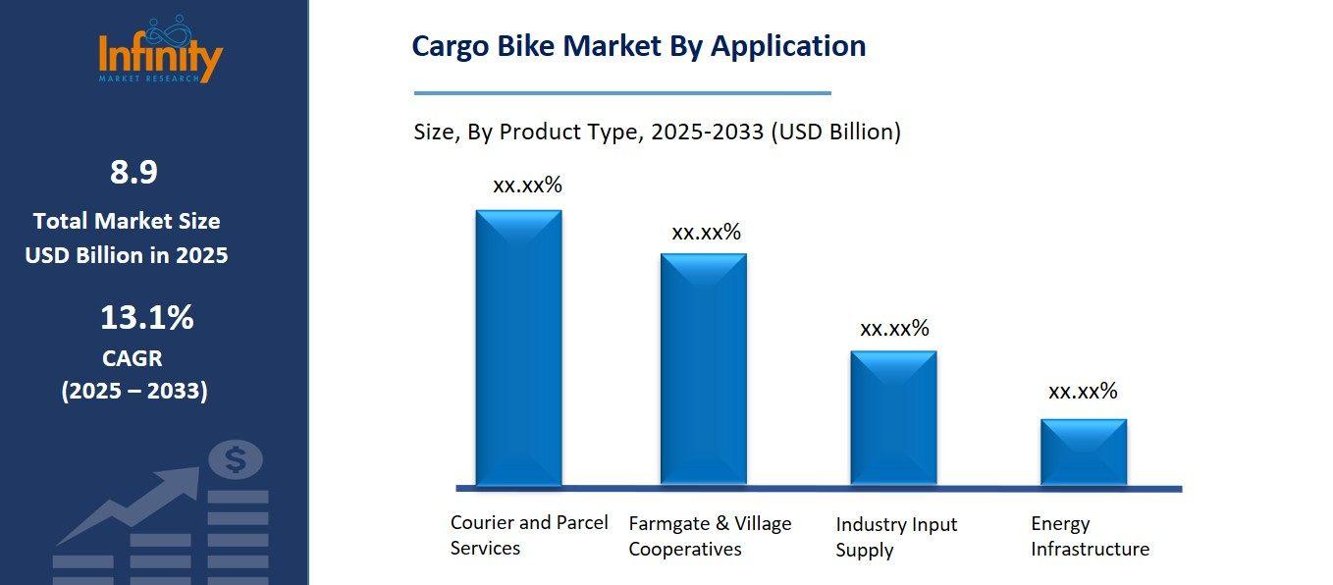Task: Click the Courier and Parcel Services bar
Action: coord(518,347)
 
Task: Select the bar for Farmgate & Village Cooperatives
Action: coord(703,369)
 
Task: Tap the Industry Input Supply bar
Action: coord(893,417)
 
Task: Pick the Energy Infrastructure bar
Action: coord(1083,452)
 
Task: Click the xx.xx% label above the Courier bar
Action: coord(527,185)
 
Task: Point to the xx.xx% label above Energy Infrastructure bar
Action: coord(1083,391)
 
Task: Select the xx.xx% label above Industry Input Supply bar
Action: coord(894,328)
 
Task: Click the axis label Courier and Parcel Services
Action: coord(529,535)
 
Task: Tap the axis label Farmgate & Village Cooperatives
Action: coord(710,536)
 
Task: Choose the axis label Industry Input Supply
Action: coord(896,537)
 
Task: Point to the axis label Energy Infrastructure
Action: coord(1090,536)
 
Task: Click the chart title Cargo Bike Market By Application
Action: coord(638,46)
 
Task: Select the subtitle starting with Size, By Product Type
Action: coord(657,132)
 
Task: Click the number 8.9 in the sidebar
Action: coord(133,173)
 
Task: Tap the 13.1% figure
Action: coord(146,318)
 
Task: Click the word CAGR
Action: coord(133,358)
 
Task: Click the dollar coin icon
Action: coord(236,458)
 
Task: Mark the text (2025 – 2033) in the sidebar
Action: coord(134,391)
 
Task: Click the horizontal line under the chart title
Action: coord(622,93)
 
